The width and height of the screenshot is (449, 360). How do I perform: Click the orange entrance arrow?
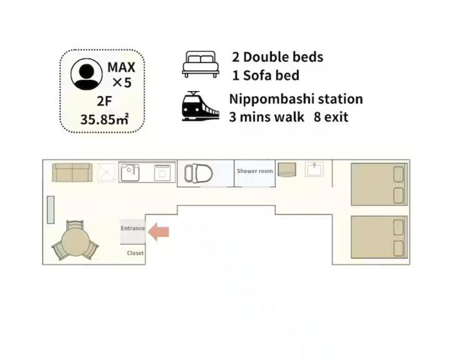coord(159,232)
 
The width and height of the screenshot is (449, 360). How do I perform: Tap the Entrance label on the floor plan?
coord(133,228)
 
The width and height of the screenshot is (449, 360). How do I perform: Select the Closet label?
coord(135,253)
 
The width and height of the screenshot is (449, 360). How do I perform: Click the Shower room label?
coord(255,171)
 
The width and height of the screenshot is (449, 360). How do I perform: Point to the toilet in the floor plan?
coord(198,173)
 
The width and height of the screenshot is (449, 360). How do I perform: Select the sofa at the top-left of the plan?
coord(72,172)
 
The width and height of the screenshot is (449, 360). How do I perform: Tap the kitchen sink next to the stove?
coord(130,173)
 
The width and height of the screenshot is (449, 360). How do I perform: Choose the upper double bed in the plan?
coord(379,184)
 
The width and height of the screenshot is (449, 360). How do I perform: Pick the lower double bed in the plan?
coord(379,237)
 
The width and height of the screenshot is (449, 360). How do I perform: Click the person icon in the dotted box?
coord(87,74)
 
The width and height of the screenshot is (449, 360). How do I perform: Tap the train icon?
coord(200,106)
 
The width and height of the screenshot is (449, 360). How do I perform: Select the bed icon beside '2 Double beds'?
coord(200,64)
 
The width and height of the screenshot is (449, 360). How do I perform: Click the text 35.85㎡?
coord(105,119)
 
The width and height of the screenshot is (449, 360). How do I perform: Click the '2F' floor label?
coord(104,101)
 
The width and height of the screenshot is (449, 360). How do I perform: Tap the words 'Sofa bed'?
coord(271,75)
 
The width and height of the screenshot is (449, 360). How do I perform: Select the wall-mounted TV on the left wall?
coord(51,210)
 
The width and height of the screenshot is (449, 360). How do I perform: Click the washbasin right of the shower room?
coord(314,169)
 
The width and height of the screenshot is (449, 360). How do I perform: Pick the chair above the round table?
coord(75,225)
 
